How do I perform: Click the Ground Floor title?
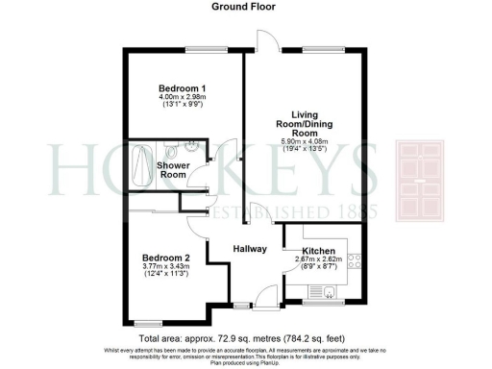[x=246, y=6]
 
